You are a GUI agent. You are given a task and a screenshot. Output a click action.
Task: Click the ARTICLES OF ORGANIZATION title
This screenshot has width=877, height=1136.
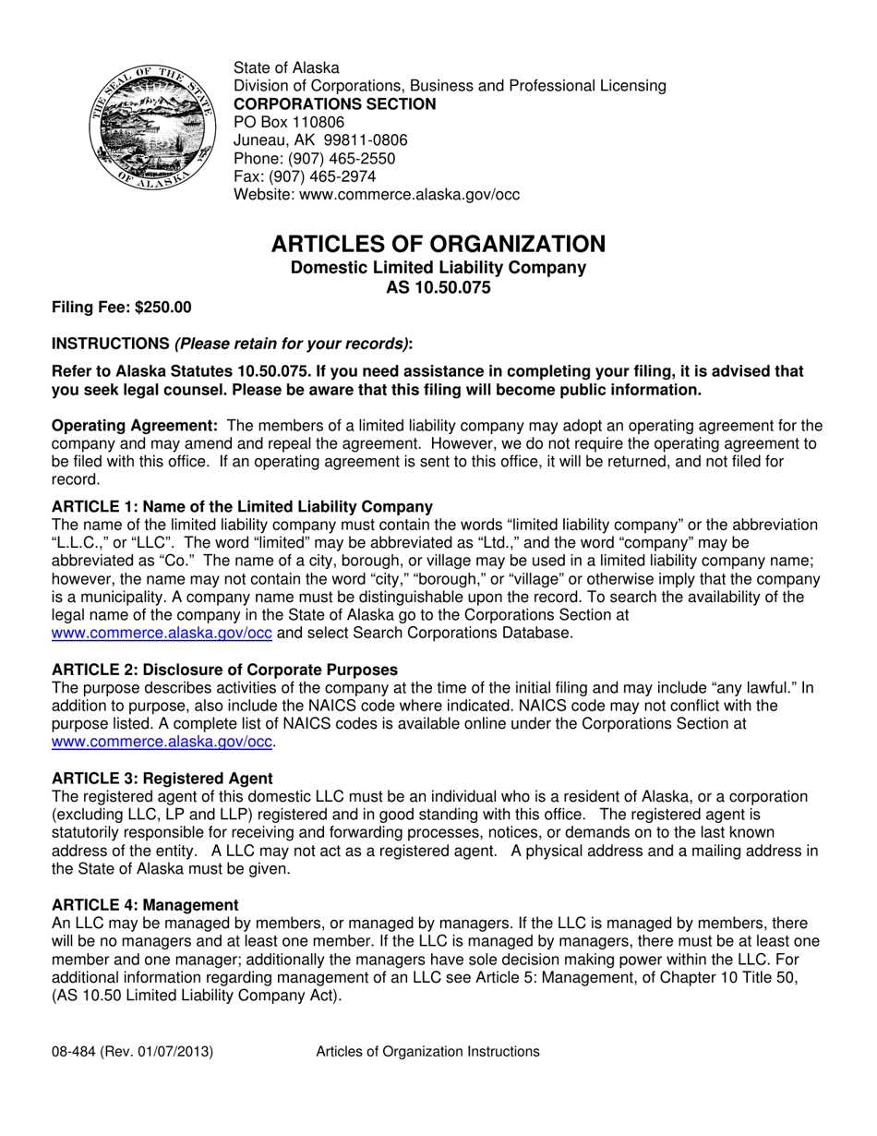pyautogui.click(x=438, y=244)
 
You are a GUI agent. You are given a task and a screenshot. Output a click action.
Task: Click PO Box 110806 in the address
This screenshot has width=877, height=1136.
pyautogui.click(x=288, y=122)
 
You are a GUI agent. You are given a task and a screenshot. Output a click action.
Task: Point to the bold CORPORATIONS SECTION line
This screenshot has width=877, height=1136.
pyautogui.click(x=334, y=104)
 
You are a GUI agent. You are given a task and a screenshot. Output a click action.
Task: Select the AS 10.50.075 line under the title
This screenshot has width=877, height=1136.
pyautogui.click(x=438, y=287)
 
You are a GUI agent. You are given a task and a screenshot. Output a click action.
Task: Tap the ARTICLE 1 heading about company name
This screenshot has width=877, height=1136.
pyautogui.click(x=242, y=507)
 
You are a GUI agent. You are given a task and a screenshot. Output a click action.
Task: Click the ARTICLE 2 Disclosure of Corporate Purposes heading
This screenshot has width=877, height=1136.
pyautogui.click(x=224, y=670)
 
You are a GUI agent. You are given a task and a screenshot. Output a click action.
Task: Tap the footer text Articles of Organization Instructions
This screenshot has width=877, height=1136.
pyautogui.click(x=427, y=1051)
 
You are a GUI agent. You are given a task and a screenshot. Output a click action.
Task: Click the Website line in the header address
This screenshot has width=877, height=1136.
pyautogui.click(x=376, y=195)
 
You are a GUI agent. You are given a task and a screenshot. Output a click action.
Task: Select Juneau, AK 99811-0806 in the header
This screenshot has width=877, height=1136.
pyautogui.click(x=319, y=140)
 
